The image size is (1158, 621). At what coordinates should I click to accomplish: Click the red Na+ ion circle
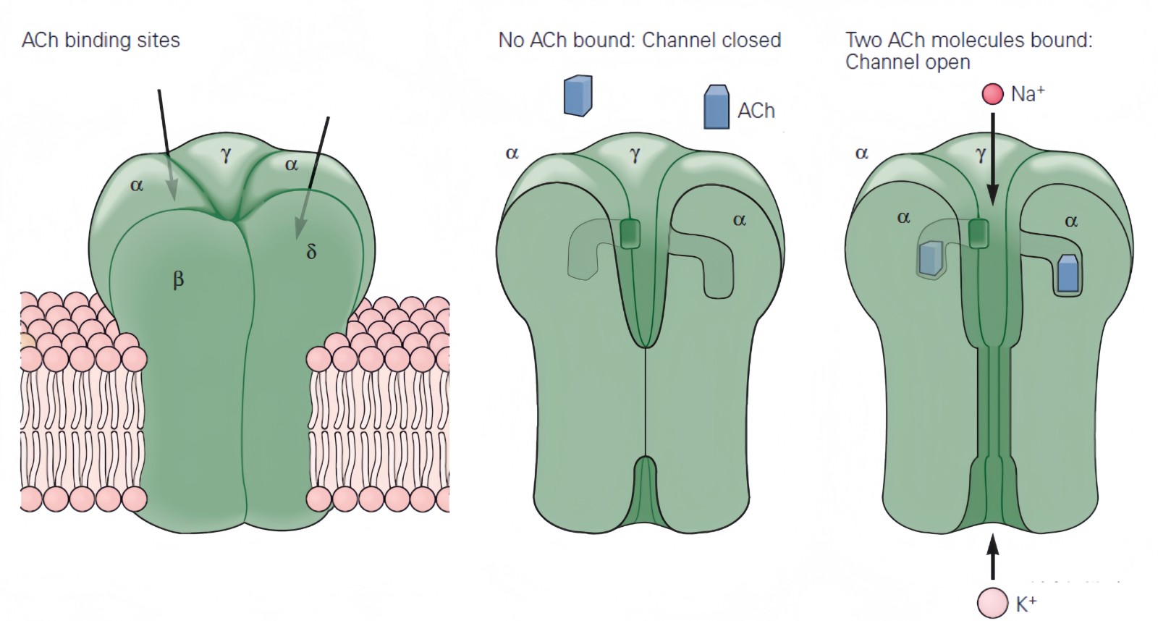click(992, 94)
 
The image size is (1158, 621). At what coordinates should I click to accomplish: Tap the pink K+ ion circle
click(992, 602)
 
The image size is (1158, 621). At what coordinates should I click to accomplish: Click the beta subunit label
click(178, 279)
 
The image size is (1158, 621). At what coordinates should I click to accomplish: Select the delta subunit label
click(311, 251)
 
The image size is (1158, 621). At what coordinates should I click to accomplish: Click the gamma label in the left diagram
click(227, 153)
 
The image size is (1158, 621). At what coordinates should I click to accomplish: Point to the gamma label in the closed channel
click(635, 154)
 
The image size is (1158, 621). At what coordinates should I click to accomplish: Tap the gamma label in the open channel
click(981, 154)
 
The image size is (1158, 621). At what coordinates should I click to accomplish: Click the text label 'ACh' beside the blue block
click(756, 111)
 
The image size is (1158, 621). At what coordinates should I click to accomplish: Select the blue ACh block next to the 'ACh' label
click(716, 107)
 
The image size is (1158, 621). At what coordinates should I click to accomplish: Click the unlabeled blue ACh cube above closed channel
click(578, 96)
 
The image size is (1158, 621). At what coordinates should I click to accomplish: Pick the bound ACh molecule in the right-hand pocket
click(1068, 274)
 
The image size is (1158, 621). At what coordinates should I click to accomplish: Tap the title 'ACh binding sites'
click(101, 40)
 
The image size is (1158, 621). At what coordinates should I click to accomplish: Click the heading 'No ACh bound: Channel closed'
click(640, 40)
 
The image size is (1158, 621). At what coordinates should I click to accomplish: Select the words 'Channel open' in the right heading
click(908, 62)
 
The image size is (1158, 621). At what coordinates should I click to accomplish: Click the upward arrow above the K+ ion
click(992, 556)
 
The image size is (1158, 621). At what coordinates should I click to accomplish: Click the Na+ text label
click(1028, 94)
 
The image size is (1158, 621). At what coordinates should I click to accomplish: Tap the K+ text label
click(1026, 604)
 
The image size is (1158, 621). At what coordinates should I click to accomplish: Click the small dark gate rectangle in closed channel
click(630, 234)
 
